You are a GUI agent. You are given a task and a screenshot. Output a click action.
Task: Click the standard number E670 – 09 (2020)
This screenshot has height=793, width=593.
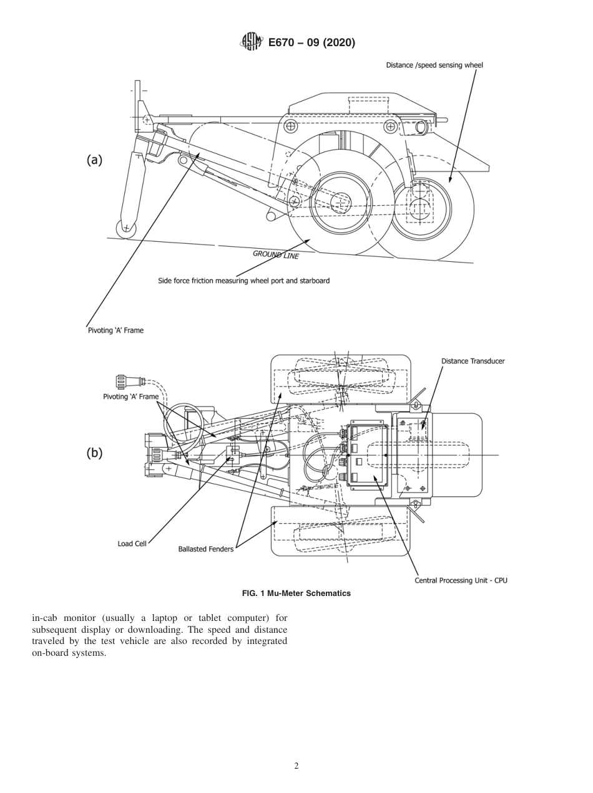311,42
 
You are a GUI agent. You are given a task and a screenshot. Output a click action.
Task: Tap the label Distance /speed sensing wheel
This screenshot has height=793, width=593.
434,65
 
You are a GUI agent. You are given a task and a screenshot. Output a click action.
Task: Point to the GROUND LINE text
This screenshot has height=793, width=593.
275,254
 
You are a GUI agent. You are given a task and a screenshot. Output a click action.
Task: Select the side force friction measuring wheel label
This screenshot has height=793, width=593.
243,281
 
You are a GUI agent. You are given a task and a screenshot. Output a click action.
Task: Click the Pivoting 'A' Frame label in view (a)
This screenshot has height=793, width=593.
115,330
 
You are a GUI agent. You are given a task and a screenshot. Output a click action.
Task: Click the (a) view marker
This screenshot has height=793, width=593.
94,160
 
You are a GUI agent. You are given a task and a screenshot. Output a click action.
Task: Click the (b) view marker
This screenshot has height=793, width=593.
94,453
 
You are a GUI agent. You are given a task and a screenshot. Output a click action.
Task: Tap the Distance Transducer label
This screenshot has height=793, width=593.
473,361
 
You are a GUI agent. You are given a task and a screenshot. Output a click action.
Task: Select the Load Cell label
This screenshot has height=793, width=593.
132,544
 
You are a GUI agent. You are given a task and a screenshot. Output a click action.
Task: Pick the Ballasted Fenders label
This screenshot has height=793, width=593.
205,549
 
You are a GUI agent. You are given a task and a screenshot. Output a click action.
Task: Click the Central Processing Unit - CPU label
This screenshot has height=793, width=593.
461,580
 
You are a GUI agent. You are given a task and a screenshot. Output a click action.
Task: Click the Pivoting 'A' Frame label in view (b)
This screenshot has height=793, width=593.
130,396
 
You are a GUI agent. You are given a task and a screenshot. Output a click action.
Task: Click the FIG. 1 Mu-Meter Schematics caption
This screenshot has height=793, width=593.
296,593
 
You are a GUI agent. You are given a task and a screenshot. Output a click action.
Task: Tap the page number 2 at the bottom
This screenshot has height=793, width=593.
296,766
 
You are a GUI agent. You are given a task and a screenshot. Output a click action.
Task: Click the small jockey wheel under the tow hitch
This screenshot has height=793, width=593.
125,228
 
